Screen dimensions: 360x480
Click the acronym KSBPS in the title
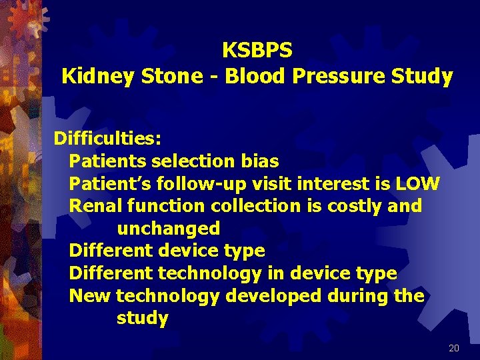(x=257, y=50)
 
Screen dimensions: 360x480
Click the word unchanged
(x=168, y=229)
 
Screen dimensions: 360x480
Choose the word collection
(x=255, y=206)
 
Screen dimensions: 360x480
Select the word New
(x=90, y=295)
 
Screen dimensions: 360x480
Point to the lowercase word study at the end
(x=142, y=318)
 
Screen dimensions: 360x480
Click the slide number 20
(x=454, y=348)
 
